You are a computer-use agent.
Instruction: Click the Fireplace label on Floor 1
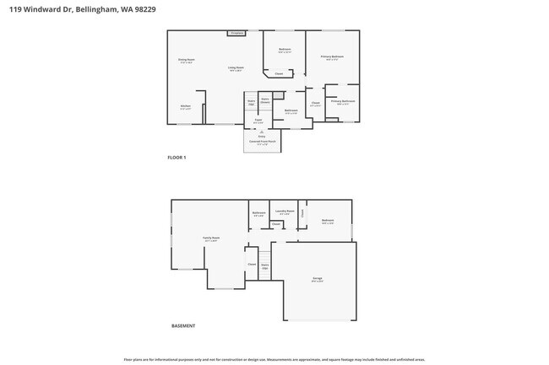pyautogui.click(x=236, y=34)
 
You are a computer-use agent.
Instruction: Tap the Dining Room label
pyautogui.click(x=186, y=61)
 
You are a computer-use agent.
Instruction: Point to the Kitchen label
pyautogui.click(x=186, y=107)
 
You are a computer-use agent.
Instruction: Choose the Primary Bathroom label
pyautogui.click(x=343, y=102)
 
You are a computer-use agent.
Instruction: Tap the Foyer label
pyautogui.click(x=258, y=121)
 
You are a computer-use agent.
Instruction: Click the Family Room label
pyautogui.click(x=210, y=239)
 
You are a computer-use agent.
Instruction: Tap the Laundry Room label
pyautogui.click(x=285, y=212)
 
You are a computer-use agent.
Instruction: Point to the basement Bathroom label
pyautogui.click(x=258, y=213)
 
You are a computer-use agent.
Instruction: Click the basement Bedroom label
pyautogui.click(x=328, y=222)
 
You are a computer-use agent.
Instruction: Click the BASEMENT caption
pyautogui.click(x=183, y=325)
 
